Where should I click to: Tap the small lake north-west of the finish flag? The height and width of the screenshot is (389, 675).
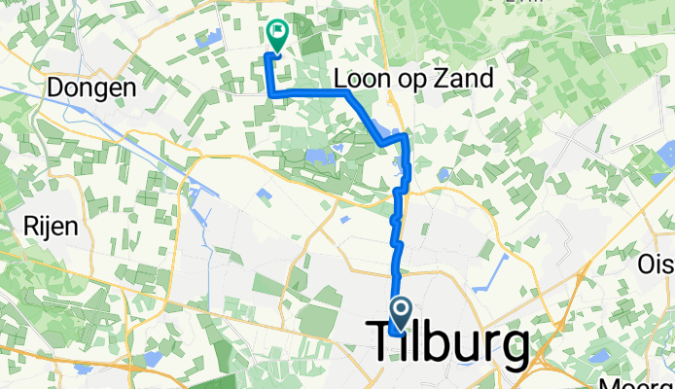pos(206,40)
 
